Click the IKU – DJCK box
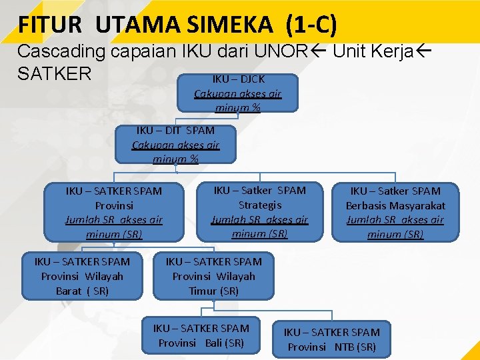(x=238, y=93)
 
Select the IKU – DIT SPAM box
(x=175, y=144)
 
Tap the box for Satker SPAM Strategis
(x=260, y=211)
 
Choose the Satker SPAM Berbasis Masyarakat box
(x=395, y=212)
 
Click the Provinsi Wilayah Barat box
(x=82, y=275)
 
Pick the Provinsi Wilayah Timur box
(x=213, y=275)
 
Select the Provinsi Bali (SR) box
(x=201, y=335)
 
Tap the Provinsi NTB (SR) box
(x=332, y=339)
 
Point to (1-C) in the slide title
(x=311, y=25)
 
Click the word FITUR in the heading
(x=51, y=25)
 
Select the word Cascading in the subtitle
(x=61, y=51)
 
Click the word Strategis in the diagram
(x=260, y=205)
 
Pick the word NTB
(x=343, y=347)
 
